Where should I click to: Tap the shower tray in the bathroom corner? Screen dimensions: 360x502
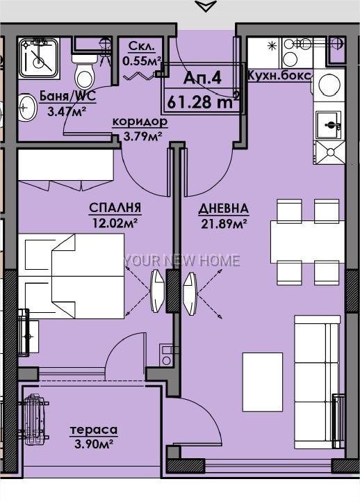pos(39,58)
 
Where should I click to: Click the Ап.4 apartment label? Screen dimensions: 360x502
pos(202,78)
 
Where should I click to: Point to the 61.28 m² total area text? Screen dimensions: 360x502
pos(203,102)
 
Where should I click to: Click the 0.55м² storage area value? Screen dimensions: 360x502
pos(141,60)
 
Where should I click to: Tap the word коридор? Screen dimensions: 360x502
pos(140,122)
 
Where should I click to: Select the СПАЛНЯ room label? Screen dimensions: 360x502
pos(115,208)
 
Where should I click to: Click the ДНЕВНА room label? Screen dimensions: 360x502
pos(223,209)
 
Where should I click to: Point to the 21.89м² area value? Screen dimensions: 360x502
pos(223,224)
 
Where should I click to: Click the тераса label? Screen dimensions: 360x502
pos(94,430)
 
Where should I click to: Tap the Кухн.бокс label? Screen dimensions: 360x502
pos(279,76)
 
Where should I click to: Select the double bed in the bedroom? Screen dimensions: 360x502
pos(71,276)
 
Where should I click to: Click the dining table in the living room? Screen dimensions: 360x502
pos(307,242)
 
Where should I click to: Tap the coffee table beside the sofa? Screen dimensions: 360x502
pos(263,382)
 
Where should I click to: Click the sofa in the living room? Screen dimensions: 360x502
pos(317,382)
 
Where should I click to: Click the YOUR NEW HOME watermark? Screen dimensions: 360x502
pos(182,261)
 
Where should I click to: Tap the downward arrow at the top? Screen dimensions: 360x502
pos(206,6)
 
